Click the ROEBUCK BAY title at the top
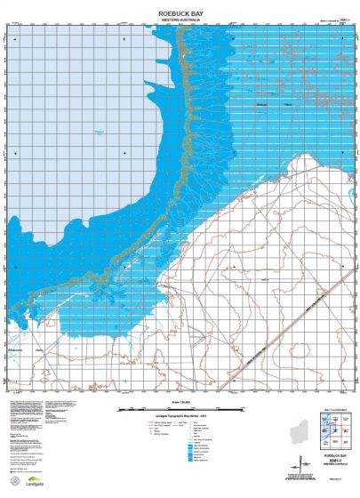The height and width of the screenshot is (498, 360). tap(180, 14)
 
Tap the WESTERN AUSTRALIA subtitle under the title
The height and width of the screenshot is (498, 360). tap(180, 22)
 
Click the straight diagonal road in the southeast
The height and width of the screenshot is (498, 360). tap(267, 338)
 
